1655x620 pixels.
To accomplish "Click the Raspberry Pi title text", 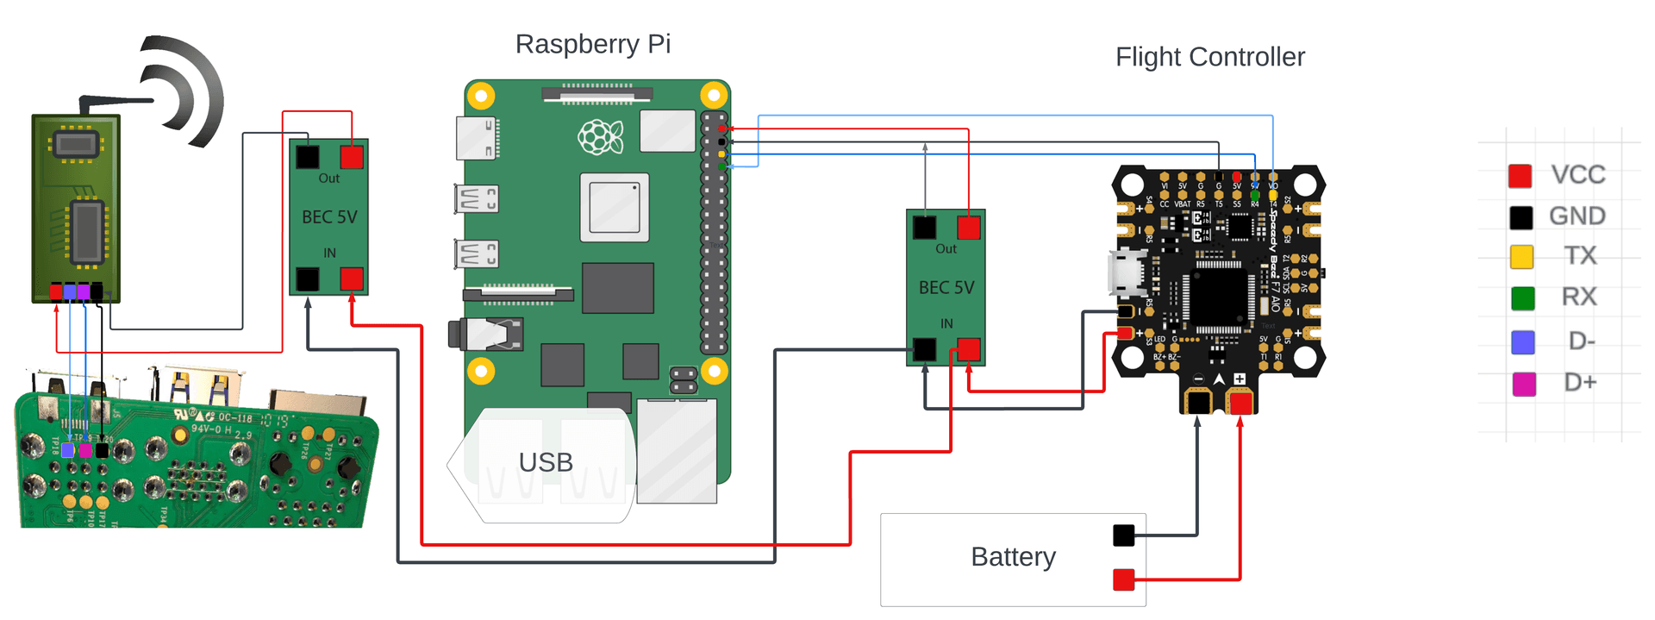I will click(x=593, y=44).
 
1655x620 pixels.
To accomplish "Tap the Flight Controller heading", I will click(x=1209, y=57).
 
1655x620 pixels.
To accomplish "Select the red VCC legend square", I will click(x=1520, y=176).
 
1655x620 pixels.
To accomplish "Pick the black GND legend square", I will click(x=1521, y=217).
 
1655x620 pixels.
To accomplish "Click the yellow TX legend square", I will click(x=1521, y=257).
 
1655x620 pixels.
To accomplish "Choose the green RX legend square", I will click(x=1523, y=298).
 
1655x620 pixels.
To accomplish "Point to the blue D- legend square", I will click(x=1523, y=342).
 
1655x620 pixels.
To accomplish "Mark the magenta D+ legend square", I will click(x=1524, y=384).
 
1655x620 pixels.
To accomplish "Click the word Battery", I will click(x=1013, y=557).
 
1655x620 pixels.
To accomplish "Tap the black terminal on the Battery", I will click(x=1123, y=535).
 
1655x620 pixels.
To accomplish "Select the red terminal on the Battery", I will click(x=1123, y=579).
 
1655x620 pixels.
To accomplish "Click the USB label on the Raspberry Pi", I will click(x=546, y=463).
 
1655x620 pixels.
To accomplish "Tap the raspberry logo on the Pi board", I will click(x=600, y=137).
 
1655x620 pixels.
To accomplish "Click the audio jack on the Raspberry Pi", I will click(x=486, y=335).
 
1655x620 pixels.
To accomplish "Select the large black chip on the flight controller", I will click(x=1218, y=297).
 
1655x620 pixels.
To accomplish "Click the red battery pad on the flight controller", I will click(x=1240, y=403).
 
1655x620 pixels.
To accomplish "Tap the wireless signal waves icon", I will click(x=184, y=91).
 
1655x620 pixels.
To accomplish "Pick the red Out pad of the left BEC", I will click(x=352, y=157).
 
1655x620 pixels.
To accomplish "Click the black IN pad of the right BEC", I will click(x=924, y=349).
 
